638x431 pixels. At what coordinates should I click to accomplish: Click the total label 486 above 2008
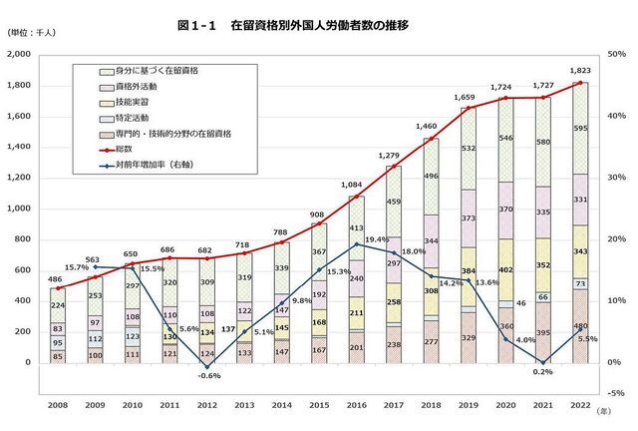[x=59, y=279]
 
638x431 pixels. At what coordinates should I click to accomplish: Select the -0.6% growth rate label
[x=207, y=377]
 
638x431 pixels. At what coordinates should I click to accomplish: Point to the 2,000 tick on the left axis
[x=20, y=55]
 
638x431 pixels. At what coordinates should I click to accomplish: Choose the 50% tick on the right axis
[x=617, y=55]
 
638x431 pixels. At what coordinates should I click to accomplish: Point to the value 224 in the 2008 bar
[x=59, y=306]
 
